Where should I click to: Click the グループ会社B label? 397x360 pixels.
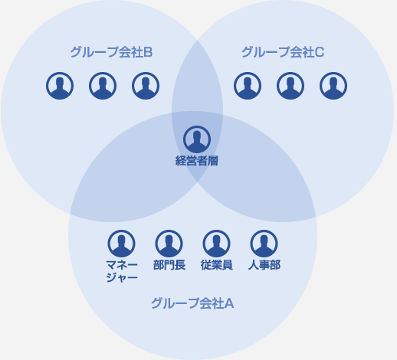pos(111,52)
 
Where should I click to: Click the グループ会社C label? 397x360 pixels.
pos(283,52)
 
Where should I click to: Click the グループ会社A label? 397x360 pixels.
pos(192,303)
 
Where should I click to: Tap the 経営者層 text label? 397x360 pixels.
pos(197,161)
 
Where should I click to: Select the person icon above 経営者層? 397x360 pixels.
pos(197,139)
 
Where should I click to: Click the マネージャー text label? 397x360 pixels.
pos(122,271)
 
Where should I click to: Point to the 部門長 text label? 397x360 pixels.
pos(169,265)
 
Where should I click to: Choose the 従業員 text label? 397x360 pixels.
pos(216,265)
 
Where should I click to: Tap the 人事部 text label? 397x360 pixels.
pos(264,265)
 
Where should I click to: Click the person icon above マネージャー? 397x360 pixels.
pos(121,244)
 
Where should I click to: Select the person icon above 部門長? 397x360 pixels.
pos(169,244)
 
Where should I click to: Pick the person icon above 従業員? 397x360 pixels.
pos(216,244)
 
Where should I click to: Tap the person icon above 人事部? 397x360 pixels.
pos(264,244)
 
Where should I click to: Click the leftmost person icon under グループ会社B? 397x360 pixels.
pos(60,86)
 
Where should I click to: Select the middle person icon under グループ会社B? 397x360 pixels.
pos(103,86)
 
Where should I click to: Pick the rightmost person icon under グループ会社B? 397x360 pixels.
pos(146,86)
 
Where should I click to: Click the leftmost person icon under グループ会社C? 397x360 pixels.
pos(248,86)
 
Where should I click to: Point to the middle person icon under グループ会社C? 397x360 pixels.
pos(290,86)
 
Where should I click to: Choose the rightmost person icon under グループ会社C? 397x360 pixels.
pos(333,86)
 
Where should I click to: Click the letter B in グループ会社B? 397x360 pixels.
pos(148,52)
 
